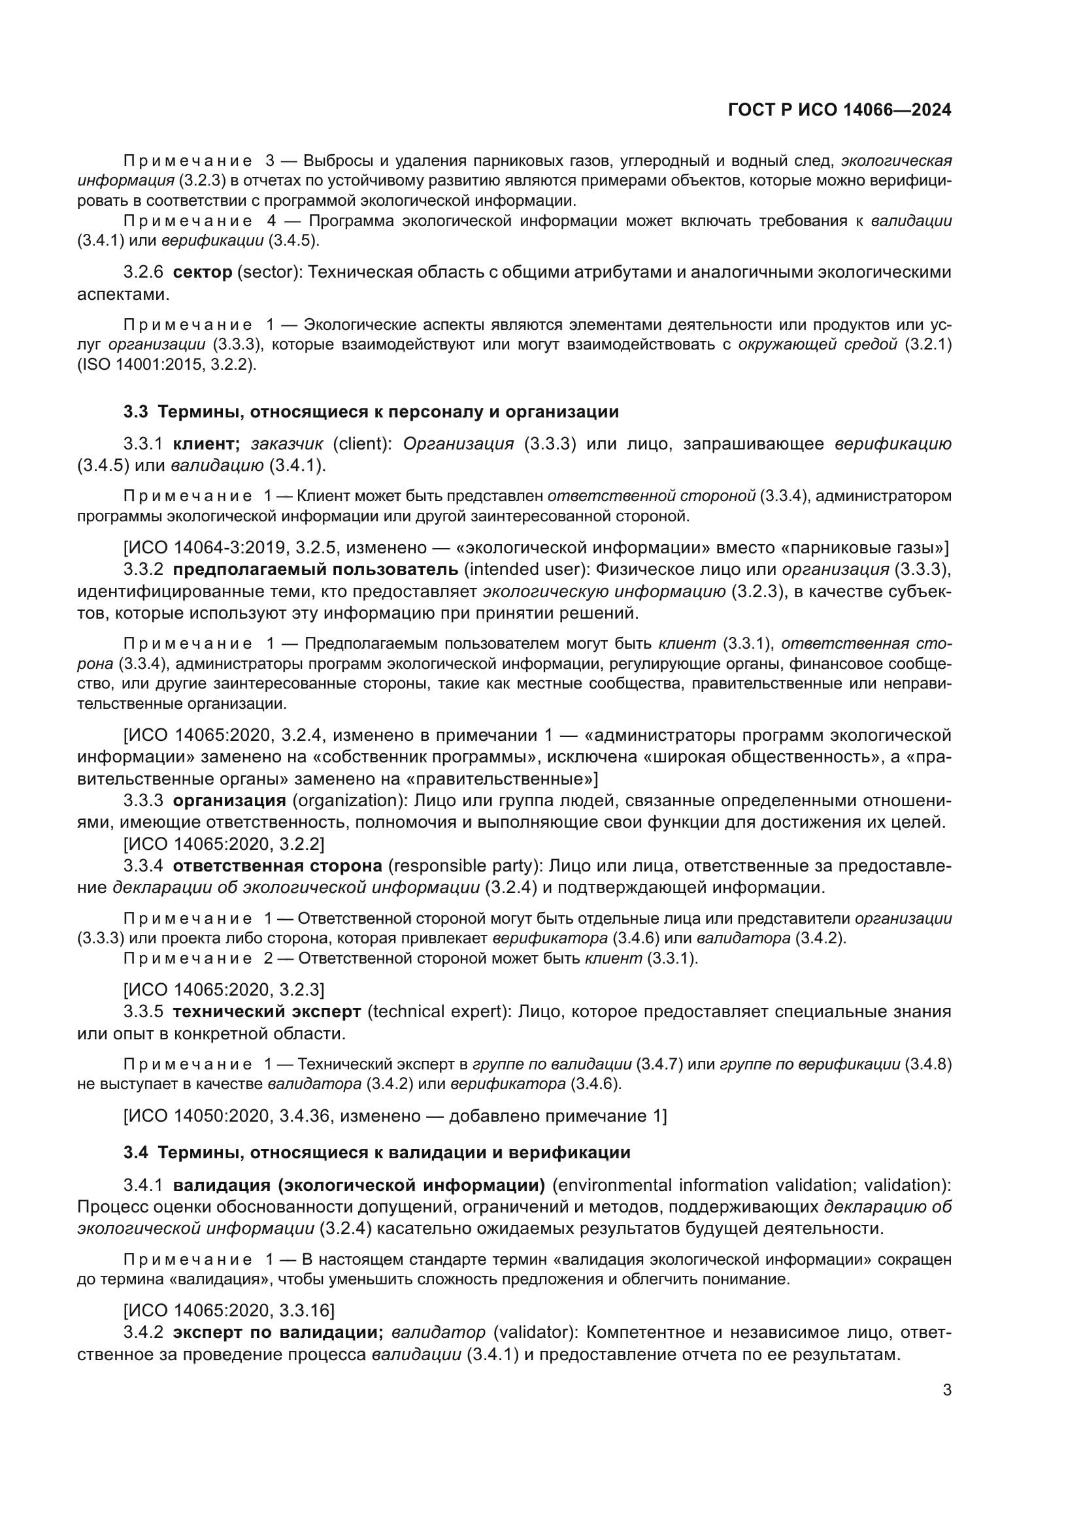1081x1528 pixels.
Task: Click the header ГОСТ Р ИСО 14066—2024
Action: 839,110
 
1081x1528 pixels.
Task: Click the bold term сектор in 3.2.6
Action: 203,272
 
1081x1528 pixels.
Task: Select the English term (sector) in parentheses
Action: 268,272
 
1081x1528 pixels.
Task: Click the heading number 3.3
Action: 136,412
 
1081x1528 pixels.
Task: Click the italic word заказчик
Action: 286,444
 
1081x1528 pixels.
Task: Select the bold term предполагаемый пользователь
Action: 316,570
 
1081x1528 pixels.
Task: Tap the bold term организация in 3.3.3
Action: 229,801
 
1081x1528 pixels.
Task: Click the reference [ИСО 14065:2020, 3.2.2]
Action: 224,844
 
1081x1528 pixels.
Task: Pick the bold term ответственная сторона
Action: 278,866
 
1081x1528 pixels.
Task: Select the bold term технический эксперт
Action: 266,1011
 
